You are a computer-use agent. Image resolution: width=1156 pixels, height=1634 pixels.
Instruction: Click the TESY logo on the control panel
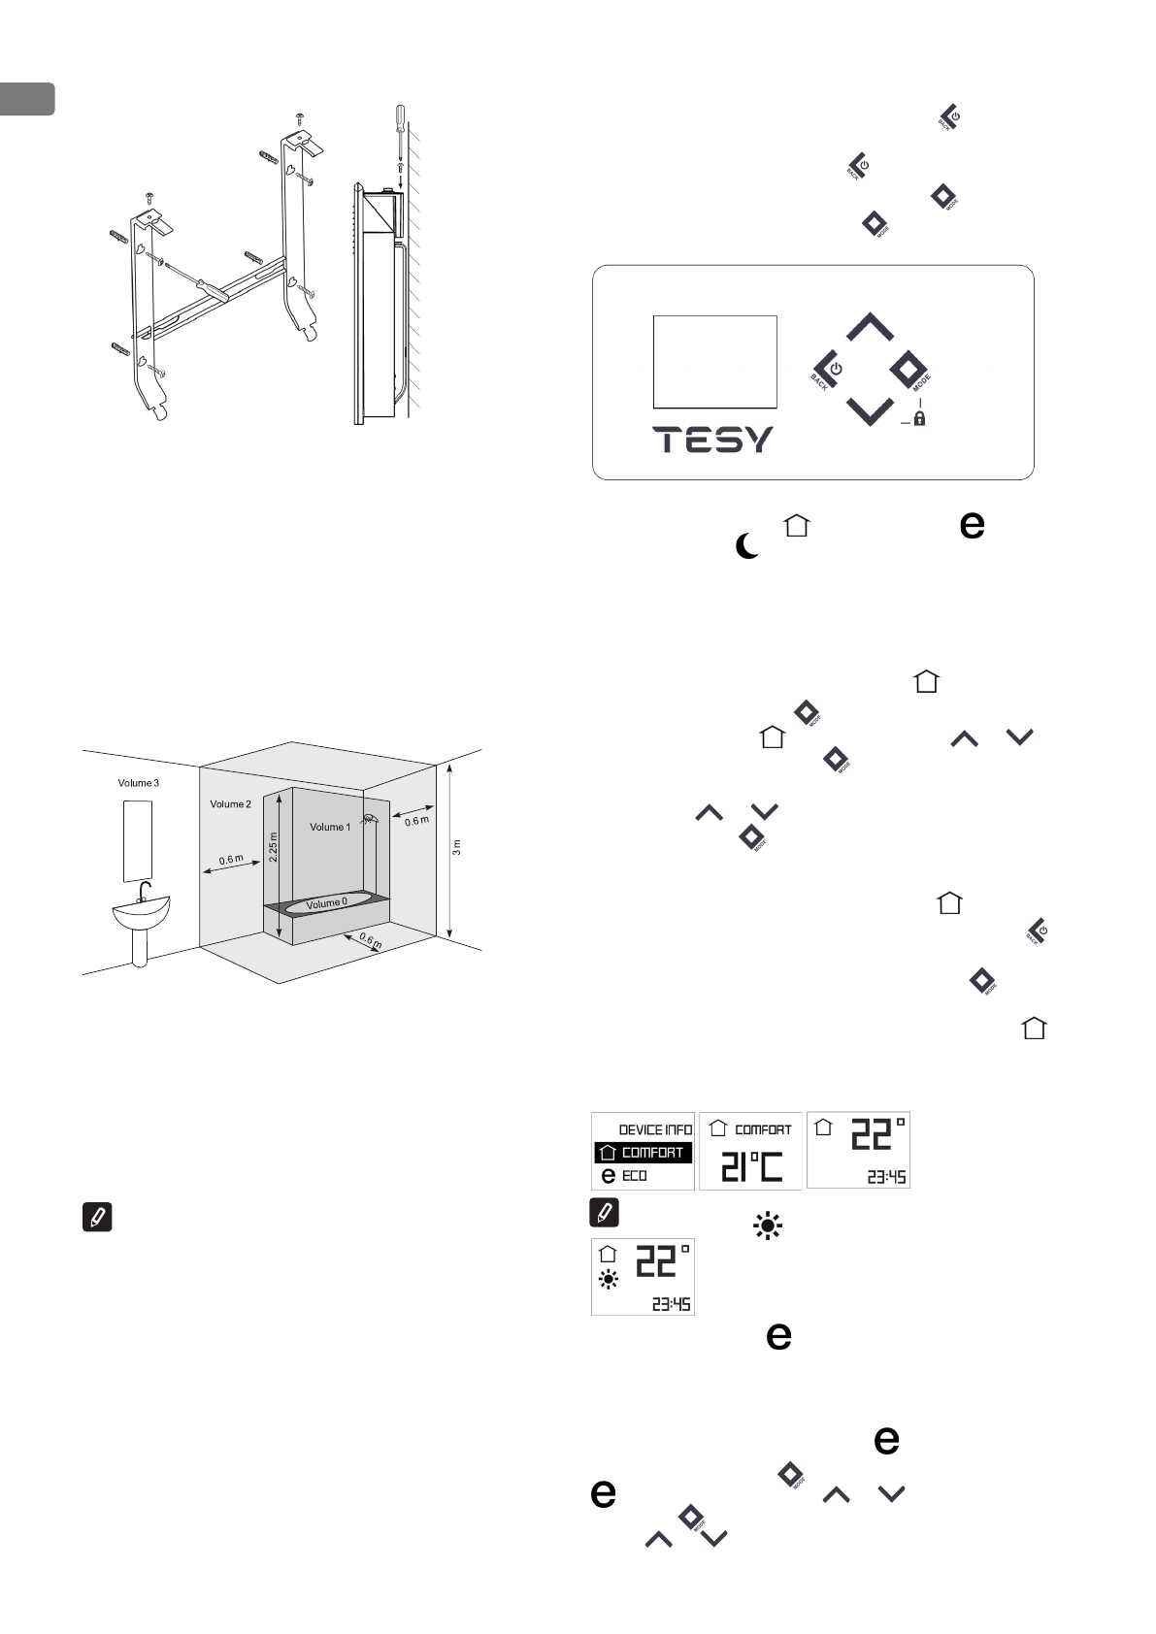[x=713, y=440]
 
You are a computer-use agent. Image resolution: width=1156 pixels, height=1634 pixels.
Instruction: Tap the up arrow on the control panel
[x=870, y=327]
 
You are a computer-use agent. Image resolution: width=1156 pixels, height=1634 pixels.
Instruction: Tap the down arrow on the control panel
[x=870, y=410]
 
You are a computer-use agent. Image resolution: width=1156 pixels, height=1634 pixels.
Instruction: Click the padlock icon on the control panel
[x=918, y=418]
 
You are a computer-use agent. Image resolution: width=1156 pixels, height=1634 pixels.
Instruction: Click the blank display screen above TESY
[x=714, y=361]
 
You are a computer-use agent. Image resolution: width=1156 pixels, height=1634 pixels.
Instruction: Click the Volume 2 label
[x=230, y=804]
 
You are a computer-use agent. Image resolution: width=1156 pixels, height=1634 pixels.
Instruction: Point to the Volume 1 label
[x=330, y=827]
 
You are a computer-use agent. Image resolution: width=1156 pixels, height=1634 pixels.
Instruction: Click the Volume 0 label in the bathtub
[x=326, y=903]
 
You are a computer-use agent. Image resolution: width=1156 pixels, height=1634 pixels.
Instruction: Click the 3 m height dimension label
[x=456, y=847]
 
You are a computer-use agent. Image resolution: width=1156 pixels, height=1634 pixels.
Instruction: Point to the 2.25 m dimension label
[x=273, y=847]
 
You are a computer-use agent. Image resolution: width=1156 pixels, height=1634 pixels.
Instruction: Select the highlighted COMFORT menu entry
[x=643, y=1153]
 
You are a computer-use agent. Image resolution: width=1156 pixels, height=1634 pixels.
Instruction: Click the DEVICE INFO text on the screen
[x=655, y=1129]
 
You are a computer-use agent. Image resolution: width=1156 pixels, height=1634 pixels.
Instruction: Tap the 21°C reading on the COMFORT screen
[x=751, y=1165]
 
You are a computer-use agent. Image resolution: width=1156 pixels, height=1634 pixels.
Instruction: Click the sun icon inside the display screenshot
[x=609, y=1280]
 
